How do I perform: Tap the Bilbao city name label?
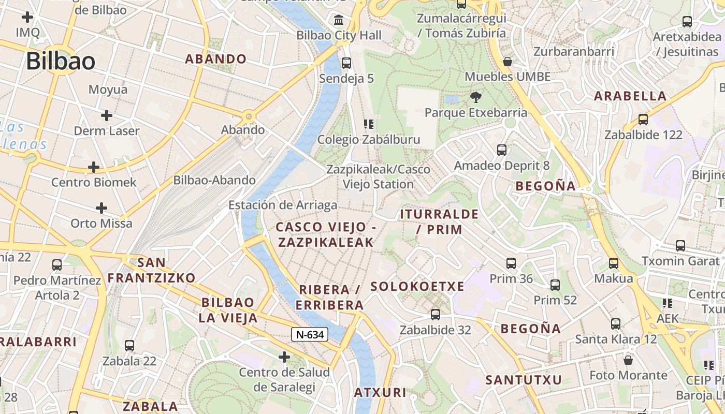tap(61, 62)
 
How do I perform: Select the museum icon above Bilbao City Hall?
tap(339, 20)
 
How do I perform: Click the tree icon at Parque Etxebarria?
tap(475, 97)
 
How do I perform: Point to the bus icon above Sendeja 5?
tap(346, 63)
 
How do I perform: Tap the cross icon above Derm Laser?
tap(107, 115)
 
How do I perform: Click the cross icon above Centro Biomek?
tap(94, 167)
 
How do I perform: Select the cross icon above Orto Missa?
tap(102, 209)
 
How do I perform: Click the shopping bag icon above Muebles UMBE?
tap(508, 62)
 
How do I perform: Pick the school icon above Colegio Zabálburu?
tap(369, 124)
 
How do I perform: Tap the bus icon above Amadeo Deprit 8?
tap(501, 150)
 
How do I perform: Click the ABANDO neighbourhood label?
tap(216, 59)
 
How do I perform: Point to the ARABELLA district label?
tap(630, 96)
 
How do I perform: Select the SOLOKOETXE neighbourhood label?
tap(417, 286)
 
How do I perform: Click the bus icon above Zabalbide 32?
tap(436, 314)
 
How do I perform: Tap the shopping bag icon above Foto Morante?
tap(628, 360)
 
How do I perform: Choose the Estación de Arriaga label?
tap(283, 205)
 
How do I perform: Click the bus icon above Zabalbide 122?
tap(643, 120)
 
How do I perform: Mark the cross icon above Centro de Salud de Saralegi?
tap(284, 357)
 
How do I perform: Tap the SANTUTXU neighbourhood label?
tap(524, 380)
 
